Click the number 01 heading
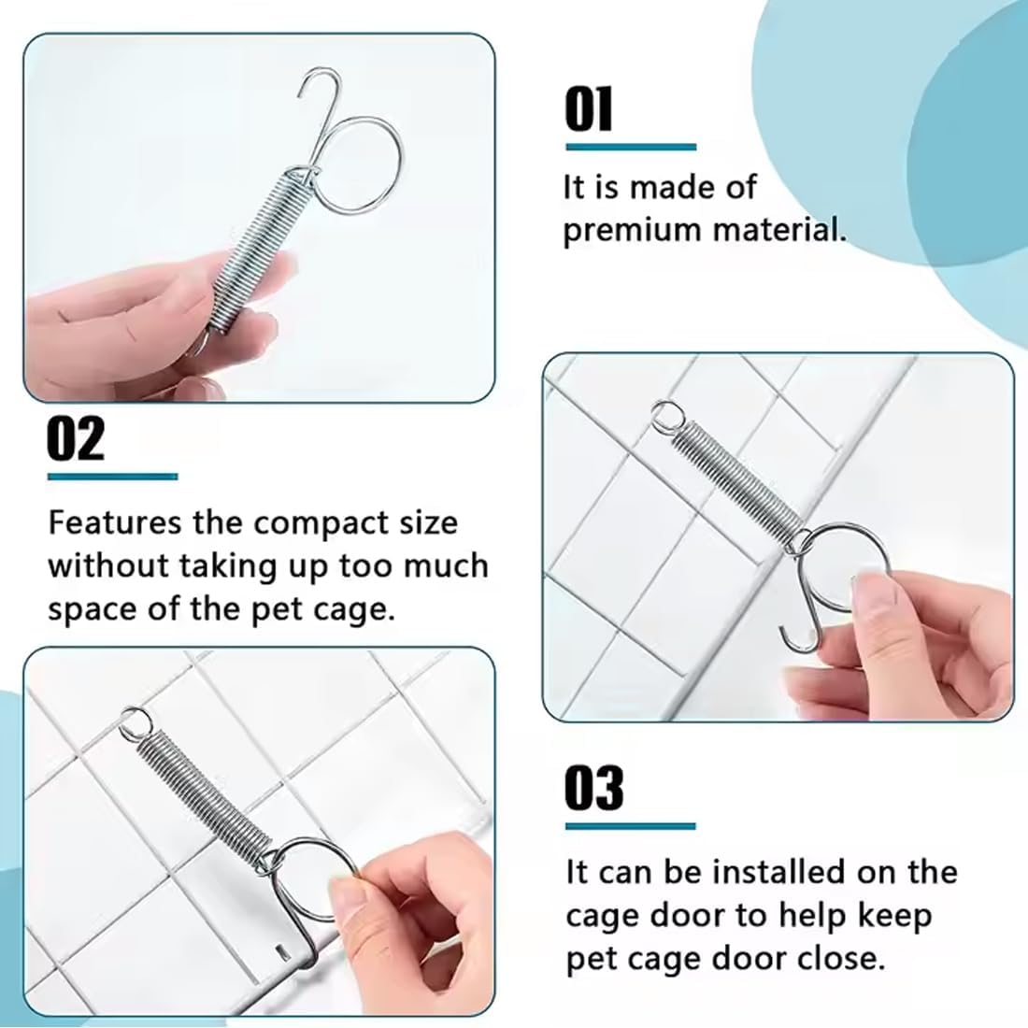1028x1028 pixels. pos(589,110)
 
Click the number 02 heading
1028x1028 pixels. pos(76,440)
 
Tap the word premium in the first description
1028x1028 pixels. pos(622,230)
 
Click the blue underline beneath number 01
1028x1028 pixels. pos(631,147)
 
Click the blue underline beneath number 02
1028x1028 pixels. pos(112,477)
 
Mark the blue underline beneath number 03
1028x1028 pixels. pos(631,826)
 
